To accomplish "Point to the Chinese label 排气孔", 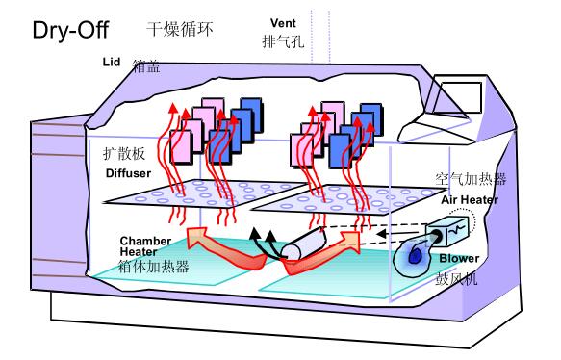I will point(283,42).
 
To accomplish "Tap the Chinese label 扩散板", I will point(123,154).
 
